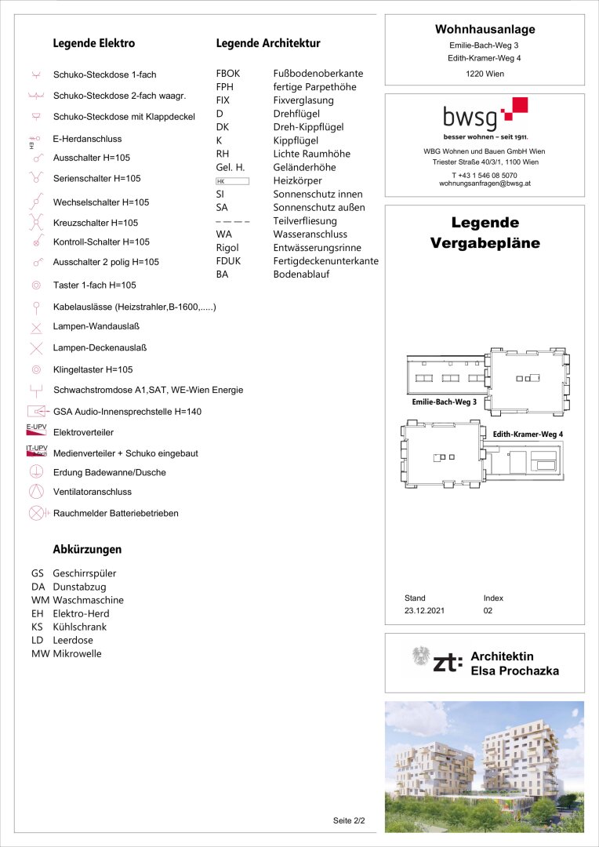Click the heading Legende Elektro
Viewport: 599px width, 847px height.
(x=93, y=44)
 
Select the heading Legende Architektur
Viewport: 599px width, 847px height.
(x=268, y=44)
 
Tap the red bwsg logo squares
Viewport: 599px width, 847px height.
(x=514, y=109)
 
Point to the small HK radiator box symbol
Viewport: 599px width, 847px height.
(x=232, y=181)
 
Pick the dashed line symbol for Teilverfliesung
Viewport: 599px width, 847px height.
(x=232, y=222)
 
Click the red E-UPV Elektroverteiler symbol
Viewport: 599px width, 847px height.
(x=36, y=430)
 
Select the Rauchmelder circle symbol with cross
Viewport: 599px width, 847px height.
(x=36, y=513)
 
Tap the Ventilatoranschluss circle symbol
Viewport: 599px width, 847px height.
(x=36, y=492)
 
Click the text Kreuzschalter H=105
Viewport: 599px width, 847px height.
(x=95, y=223)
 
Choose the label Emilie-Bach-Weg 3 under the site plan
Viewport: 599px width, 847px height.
(x=445, y=402)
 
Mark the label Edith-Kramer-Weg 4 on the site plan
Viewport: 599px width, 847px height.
(x=528, y=434)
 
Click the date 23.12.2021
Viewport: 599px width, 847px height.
(x=424, y=610)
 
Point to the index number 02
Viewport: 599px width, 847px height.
(x=488, y=610)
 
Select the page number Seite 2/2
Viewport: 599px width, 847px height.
(x=349, y=821)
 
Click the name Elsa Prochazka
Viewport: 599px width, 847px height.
(x=514, y=671)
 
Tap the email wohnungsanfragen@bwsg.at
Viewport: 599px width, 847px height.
(x=485, y=183)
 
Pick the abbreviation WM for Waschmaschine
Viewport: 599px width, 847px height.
(x=40, y=600)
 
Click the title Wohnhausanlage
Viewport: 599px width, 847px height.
(x=485, y=30)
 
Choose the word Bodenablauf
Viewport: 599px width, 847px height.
(x=301, y=274)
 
